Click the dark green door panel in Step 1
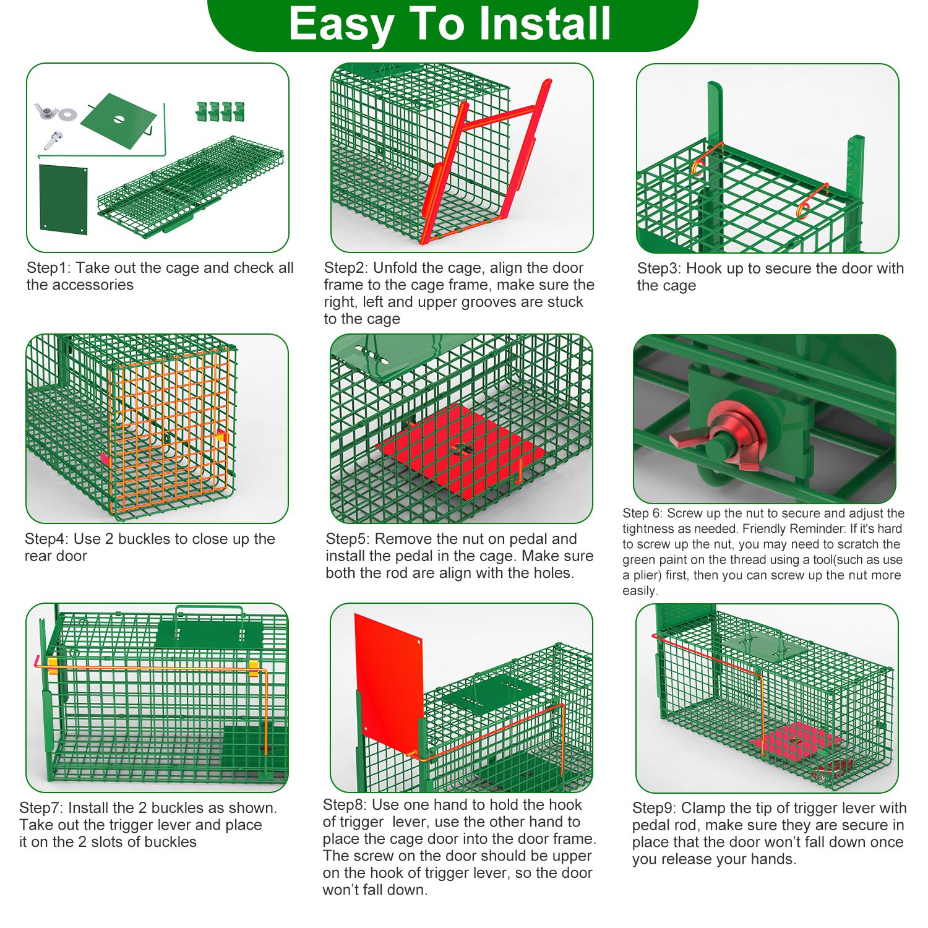[63, 199]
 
